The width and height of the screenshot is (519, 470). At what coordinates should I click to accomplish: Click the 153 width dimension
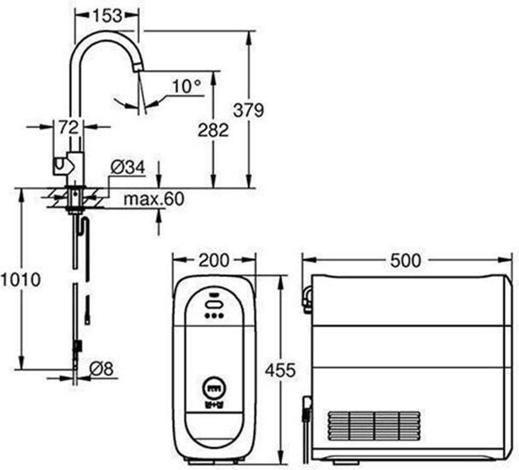106,16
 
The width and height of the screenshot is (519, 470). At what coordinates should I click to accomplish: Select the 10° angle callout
187,87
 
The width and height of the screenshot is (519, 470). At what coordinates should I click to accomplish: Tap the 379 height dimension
248,110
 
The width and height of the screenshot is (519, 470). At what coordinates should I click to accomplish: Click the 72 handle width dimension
69,127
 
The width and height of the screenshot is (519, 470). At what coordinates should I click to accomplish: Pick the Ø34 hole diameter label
128,167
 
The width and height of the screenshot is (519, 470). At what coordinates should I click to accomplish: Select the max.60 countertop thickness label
154,199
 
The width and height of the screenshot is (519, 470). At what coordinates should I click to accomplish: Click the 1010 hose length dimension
20,279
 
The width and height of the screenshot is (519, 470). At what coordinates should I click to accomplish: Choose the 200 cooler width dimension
213,260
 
